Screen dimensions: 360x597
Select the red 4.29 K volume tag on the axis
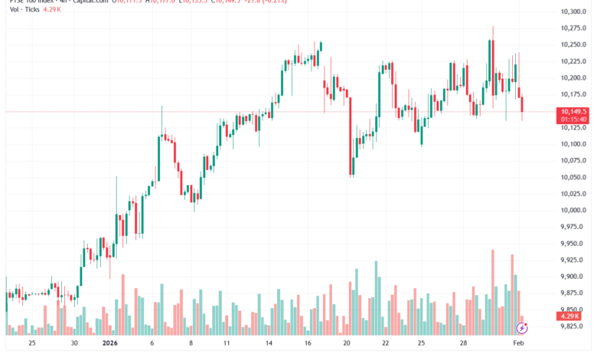coord(570,316)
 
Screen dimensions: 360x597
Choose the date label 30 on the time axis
coord(73,345)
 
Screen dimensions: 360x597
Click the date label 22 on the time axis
coord(386,345)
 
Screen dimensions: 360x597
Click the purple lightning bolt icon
coord(522,328)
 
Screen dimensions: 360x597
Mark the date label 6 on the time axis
coord(152,345)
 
